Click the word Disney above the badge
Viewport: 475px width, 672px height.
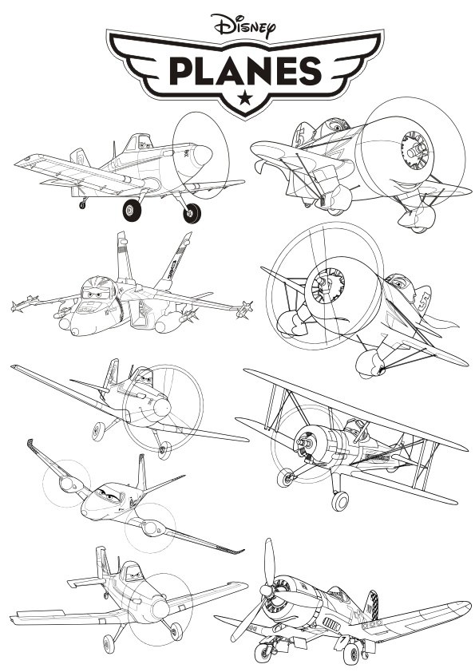click(243, 25)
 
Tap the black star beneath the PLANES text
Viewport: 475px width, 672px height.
click(243, 97)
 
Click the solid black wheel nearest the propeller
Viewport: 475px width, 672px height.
click(192, 212)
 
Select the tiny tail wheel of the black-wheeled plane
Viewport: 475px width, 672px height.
click(82, 205)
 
